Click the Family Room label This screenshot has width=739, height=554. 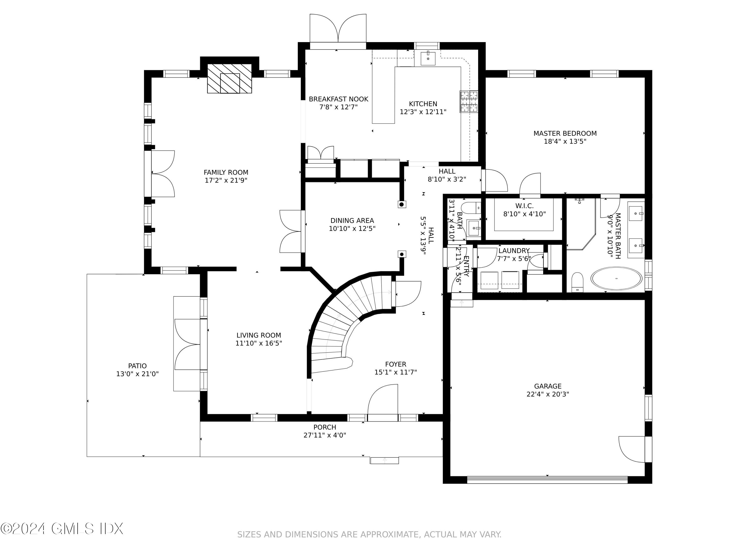pos(226,172)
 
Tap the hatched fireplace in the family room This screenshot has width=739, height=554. pos(230,79)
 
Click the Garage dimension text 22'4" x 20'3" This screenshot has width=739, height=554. pos(548,394)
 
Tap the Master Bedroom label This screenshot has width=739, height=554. pos(565,133)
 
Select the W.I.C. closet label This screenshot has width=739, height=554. pos(524,206)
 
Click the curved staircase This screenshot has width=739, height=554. pos(347,321)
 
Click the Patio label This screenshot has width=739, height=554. pos(137,366)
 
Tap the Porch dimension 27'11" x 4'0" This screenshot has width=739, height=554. pos(325,435)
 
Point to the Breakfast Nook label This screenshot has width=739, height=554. pos(338,99)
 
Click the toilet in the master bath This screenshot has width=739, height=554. pos(577,282)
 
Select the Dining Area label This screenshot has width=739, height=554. pos(352,220)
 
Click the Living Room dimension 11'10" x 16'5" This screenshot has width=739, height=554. pos(259,343)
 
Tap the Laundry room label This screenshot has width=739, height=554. pos(514,250)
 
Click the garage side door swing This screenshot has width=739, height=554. pos(632,449)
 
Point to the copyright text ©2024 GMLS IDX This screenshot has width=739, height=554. pos(62,529)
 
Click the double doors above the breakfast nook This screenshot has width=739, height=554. pos(338,28)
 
